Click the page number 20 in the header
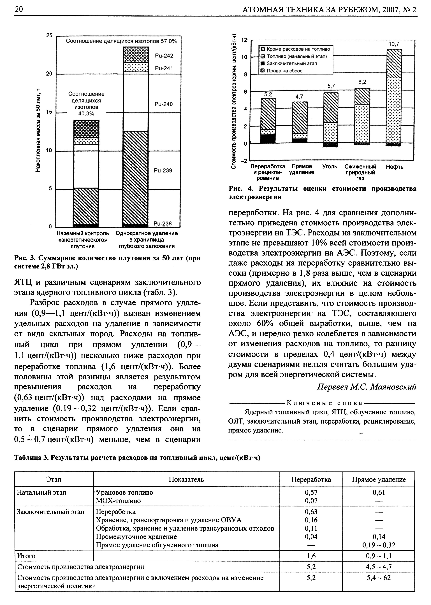click(19, 9)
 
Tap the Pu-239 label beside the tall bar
click(163, 170)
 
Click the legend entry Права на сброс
click(284, 71)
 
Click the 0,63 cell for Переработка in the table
click(311, 512)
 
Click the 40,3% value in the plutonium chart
click(86, 114)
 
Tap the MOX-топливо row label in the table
click(118, 501)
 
